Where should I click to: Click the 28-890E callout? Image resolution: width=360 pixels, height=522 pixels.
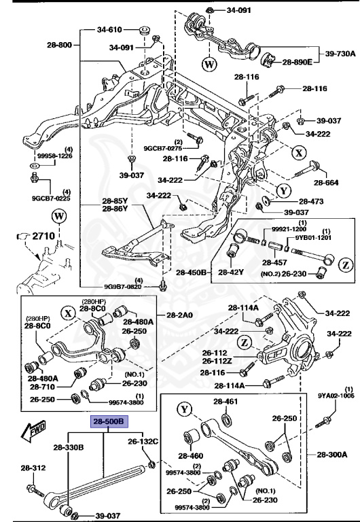pyautogui.click(x=297, y=62)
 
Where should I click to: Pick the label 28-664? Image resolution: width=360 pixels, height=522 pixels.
pyautogui.click(x=325, y=183)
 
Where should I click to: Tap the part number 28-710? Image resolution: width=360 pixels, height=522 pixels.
pyautogui.click(x=42, y=386)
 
